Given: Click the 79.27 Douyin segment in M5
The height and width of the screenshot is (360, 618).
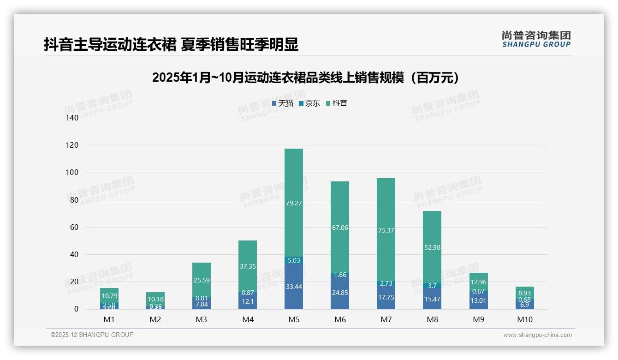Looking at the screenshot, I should pos(294,203).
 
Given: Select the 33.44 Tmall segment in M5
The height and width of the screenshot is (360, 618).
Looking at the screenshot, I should pos(294,287).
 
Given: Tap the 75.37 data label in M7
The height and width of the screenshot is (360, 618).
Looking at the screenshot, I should pos(386,230).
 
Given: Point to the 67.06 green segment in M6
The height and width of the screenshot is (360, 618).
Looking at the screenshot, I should pos(340,228).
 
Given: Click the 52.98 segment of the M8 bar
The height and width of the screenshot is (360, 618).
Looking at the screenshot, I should pos(432,247).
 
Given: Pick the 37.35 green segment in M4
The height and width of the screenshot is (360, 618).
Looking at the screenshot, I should pos(248,266).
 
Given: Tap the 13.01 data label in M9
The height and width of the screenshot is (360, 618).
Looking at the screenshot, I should pos(478,301).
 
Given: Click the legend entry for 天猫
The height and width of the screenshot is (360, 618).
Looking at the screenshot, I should pos(283,103).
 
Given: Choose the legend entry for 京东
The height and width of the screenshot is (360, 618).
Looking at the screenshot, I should pos(309,103).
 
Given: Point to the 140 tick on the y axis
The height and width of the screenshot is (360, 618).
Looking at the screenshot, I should pos(73,118).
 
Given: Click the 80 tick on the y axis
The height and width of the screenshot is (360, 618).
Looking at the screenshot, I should pos(74,200).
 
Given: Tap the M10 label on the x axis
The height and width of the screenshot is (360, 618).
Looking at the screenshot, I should pos(524,319).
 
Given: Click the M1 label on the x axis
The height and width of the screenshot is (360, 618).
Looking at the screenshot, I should pos(109,319).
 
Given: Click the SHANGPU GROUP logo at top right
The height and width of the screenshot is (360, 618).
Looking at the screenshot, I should pos(536,39).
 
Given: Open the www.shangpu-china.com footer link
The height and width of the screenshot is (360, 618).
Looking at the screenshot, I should pos(537,335).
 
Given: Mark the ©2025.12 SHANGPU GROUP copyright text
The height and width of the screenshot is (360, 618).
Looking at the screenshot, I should pos(92,335).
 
